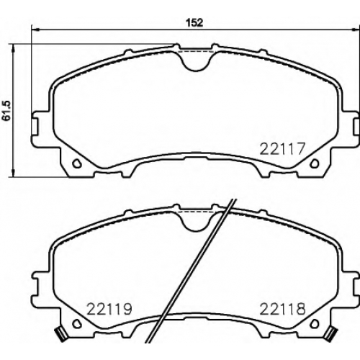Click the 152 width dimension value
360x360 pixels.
(x=195, y=22)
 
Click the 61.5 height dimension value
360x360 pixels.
(x=8, y=110)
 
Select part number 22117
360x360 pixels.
(x=282, y=149)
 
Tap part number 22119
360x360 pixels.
(x=109, y=309)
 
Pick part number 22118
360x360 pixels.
(x=283, y=309)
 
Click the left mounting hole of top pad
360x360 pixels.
(x=77, y=163)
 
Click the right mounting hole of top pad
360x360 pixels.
(x=315, y=163)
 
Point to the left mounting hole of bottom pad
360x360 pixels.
(x=77, y=324)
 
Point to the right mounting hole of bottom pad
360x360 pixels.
(x=315, y=324)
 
